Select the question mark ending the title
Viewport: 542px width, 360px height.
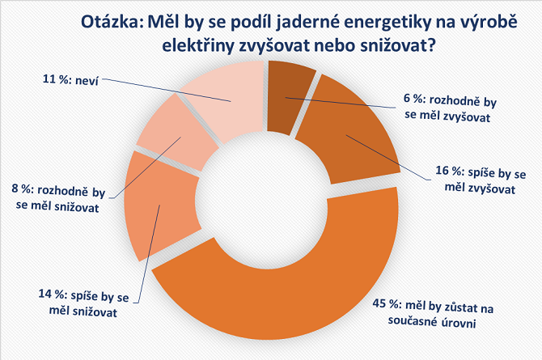click(x=432, y=46)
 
